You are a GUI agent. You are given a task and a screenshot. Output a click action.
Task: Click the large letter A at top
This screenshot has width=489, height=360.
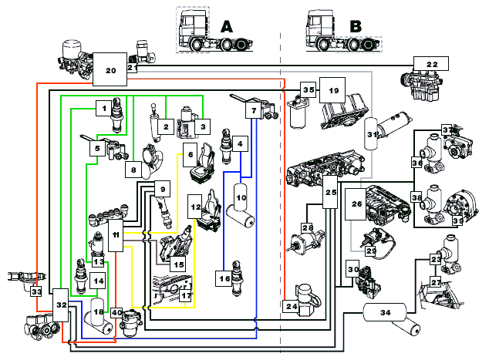click(x=226, y=25)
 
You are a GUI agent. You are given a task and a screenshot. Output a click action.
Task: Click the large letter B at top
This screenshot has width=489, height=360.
click(x=356, y=25)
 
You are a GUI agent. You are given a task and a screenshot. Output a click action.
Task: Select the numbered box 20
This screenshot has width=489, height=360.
click(x=110, y=70)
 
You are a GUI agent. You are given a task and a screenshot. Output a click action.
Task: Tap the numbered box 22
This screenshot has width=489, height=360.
click(x=431, y=65)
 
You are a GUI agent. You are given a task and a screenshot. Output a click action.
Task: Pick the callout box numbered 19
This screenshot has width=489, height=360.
click(x=334, y=90)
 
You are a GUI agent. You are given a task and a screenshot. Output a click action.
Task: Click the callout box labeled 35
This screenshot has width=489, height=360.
click(x=308, y=90)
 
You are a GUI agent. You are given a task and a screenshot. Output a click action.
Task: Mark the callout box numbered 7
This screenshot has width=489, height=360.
click(x=252, y=111)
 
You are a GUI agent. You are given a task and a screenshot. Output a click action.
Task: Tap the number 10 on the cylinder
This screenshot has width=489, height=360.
click(x=241, y=197)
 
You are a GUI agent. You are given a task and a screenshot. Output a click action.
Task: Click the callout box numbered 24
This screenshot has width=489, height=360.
click(x=292, y=306)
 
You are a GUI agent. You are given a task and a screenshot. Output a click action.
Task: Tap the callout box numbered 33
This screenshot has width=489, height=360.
click(x=35, y=292)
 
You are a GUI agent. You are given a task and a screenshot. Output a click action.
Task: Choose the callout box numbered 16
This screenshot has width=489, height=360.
click(x=224, y=278)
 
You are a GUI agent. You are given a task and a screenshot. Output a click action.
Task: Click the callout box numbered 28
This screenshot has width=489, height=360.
click(x=307, y=228)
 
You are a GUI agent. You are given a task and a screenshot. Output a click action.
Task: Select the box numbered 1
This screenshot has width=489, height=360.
click(x=102, y=109)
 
